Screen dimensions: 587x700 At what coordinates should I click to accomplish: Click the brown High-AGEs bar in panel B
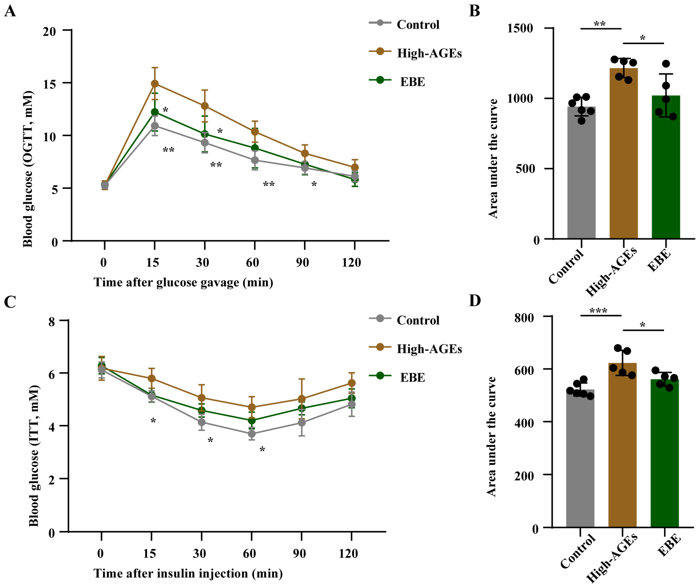tap(623, 153)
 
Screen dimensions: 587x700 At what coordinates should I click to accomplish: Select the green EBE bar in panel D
tap(664, 453)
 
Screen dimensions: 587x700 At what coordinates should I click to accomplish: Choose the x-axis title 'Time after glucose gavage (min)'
tap(183, 282)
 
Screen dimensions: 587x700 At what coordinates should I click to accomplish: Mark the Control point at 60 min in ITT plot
tap(252, 434)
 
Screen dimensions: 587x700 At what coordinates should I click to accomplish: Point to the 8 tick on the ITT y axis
tap(52, 322)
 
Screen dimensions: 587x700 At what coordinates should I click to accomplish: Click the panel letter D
tap(475, 301)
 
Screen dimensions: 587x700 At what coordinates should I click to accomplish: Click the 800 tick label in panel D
tap(524, 318)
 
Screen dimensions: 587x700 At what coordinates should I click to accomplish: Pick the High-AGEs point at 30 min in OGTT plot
tap(205, 106)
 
